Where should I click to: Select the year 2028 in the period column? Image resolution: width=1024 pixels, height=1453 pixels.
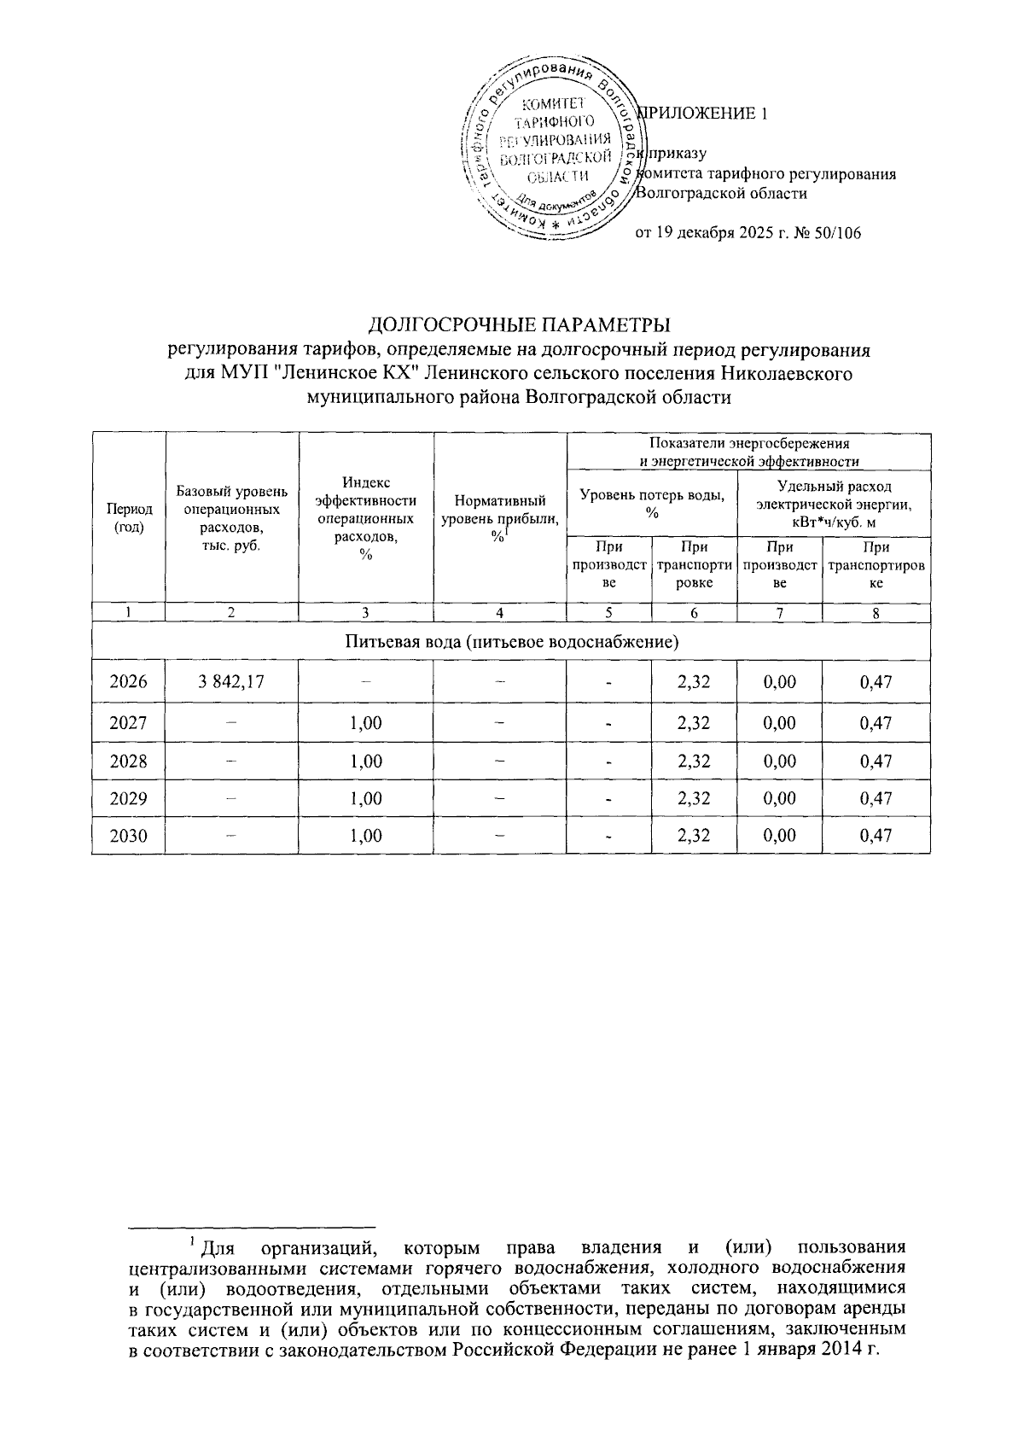(x=129, y=761)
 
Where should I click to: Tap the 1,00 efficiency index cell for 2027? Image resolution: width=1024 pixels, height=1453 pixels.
(x=366, y=723)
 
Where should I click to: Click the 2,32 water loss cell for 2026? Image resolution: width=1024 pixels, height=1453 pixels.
(x=693, y=681)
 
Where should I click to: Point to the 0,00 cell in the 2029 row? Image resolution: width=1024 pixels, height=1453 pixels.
(x=779, y=798)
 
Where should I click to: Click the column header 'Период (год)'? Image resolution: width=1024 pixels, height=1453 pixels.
(x=129, y=517)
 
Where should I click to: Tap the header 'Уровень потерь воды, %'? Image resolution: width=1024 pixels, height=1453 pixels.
(x=652, y=502)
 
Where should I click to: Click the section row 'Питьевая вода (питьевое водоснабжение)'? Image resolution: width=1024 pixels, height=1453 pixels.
(x=511, y=641)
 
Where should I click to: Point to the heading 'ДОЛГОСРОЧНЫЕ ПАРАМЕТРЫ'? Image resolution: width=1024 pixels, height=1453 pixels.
(x=519, y=325)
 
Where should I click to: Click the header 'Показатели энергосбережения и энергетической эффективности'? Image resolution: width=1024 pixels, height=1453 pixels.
(x=748, y=452)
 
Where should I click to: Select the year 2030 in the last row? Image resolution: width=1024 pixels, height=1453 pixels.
(x=129, y=836)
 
